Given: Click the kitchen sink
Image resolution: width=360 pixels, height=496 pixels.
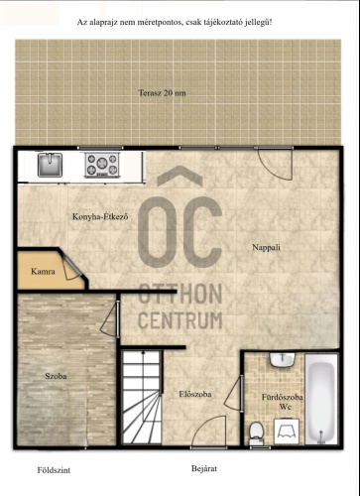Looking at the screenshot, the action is point(50,165).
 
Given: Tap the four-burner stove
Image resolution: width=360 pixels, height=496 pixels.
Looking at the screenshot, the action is point(102,165).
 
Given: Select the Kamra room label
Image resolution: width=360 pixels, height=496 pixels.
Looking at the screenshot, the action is point(43,272).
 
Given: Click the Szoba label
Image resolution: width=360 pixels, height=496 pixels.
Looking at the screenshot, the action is point(56,376).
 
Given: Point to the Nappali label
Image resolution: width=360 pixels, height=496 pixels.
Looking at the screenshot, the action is point(266,247).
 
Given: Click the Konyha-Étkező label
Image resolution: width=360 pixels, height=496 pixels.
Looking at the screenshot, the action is point(100,217).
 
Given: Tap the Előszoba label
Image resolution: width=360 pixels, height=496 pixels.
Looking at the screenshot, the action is point(195,394).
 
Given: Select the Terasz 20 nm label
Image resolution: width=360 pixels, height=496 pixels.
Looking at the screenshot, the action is point(162,93).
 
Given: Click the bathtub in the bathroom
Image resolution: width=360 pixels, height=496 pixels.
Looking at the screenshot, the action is point(321,399).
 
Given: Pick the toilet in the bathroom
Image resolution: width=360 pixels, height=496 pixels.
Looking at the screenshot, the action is point(256,434).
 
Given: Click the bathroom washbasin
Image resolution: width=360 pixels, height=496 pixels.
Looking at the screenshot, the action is point(282,360).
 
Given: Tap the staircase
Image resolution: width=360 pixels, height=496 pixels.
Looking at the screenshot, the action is point(142,397).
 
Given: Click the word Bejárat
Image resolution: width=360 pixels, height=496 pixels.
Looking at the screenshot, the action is point(204,468).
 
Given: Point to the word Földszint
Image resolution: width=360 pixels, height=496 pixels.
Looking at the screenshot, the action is point(54,470).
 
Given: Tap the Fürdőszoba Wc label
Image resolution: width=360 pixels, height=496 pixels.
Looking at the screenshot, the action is point(283,402).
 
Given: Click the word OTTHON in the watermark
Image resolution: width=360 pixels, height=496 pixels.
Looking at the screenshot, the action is point(180,294).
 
